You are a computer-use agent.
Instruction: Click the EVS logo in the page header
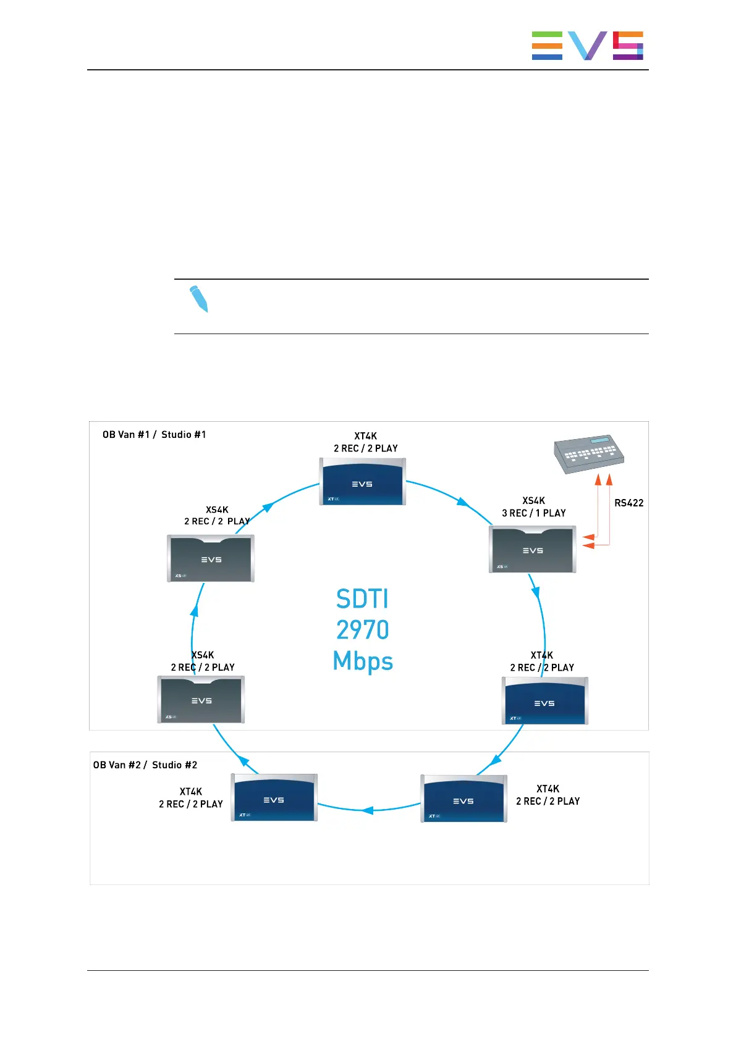[587, 46]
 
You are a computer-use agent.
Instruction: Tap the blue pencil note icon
[198, 299]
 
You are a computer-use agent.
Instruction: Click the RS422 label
[628, 503]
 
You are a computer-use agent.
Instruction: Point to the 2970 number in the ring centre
[363, 630]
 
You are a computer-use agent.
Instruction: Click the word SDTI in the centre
[363, 599]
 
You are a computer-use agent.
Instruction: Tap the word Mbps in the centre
[363, 661]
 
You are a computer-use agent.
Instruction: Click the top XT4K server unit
[363, 482]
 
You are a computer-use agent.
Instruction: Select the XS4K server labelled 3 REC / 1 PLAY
[532, 549]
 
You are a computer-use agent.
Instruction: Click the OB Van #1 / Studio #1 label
[154, 435]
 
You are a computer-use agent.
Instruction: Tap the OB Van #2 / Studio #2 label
[145, 765]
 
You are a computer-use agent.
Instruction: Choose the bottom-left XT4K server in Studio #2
[274, 798]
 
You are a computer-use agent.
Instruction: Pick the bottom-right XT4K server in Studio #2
[463, 799]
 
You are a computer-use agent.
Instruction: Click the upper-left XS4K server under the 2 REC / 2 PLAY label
[211, 558]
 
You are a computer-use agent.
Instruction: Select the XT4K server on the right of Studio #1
[544, 701]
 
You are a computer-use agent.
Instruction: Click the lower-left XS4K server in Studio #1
[201, 700]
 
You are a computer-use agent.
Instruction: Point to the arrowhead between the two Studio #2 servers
[368, 810]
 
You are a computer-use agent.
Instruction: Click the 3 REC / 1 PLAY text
[534, 513]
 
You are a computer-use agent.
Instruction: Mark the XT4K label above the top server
[366, 436]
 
